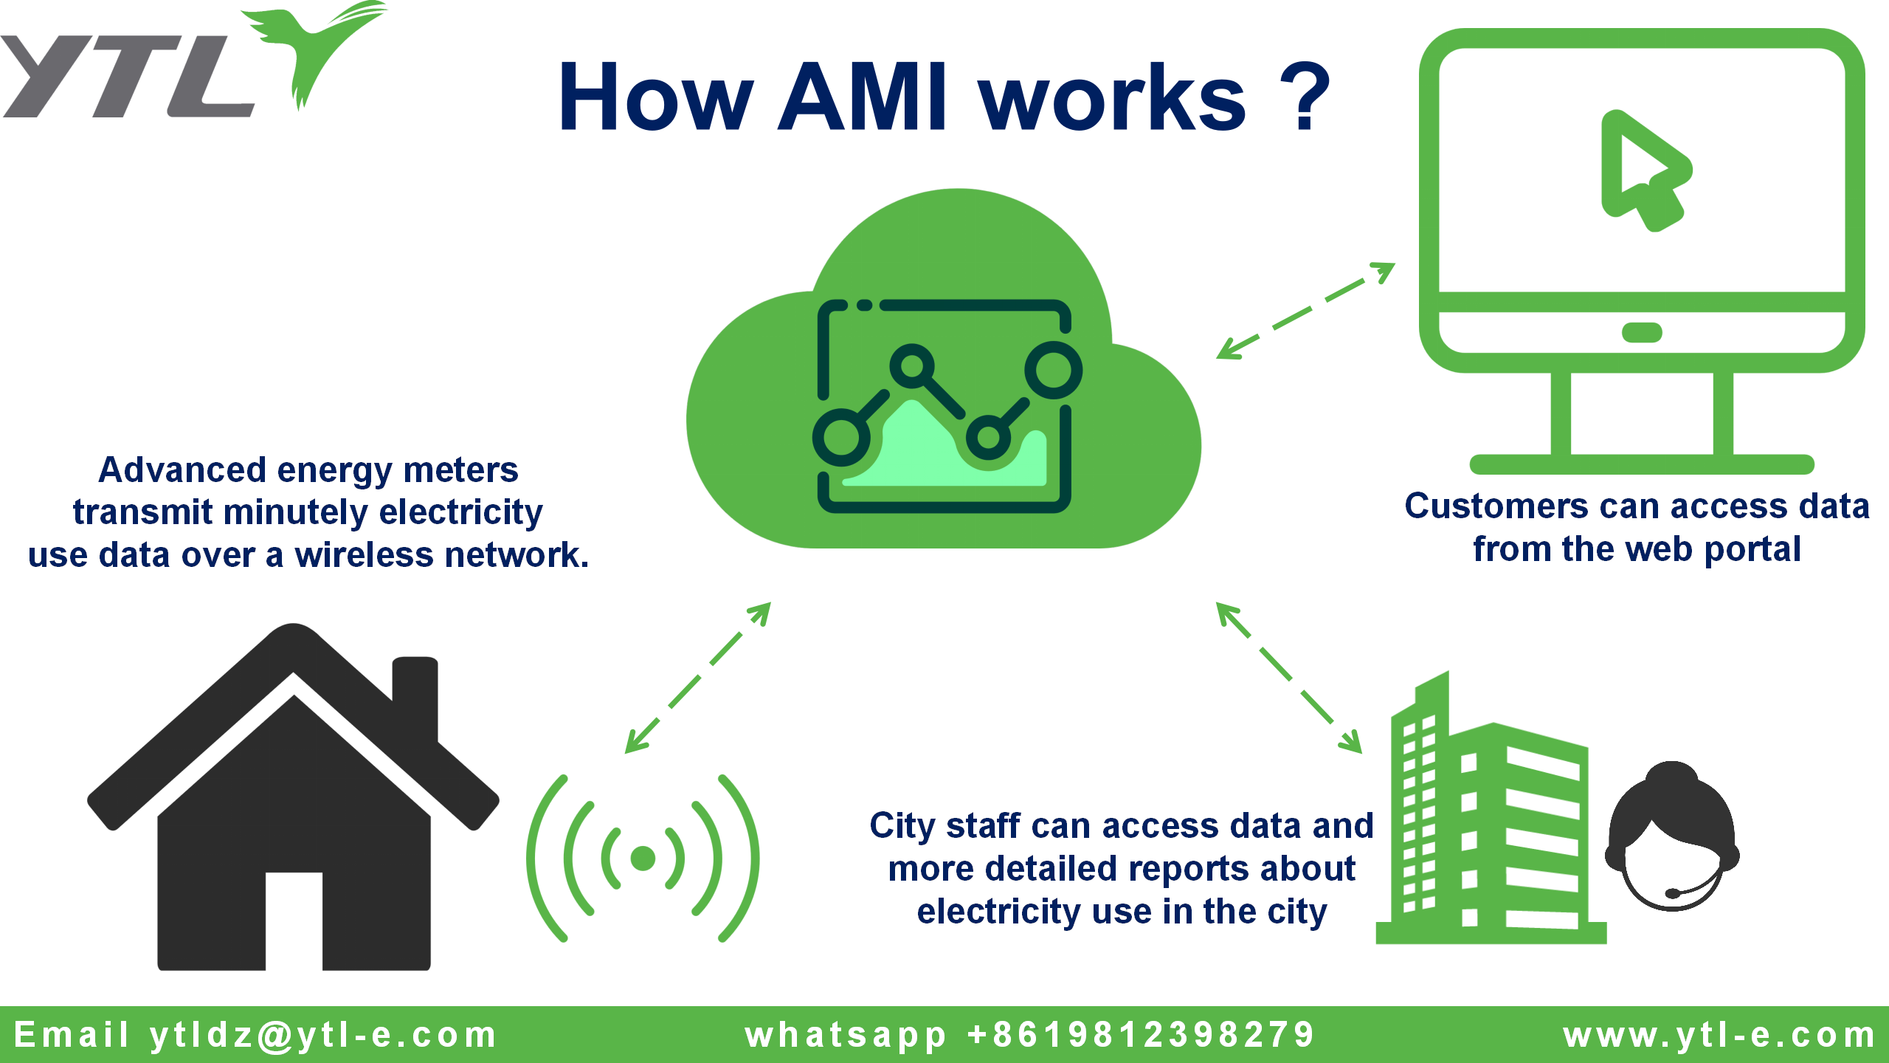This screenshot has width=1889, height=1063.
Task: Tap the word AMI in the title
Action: point(863,97)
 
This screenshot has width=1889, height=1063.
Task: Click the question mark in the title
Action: point(1305,97)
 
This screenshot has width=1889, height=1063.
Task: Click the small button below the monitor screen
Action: point(1642,333)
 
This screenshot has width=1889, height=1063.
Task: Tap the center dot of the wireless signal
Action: point(643,858)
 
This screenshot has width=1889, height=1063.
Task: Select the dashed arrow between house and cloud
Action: point(697,678)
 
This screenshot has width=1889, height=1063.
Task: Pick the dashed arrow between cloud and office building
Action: point(1288,678)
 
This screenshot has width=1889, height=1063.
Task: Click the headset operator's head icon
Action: point(1672,838)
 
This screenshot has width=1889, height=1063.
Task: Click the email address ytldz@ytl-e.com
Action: point(323,1035)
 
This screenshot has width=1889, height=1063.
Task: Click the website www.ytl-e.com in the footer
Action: point(1719,1035)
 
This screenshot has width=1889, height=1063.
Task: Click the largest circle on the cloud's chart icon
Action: point(1053,370)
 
